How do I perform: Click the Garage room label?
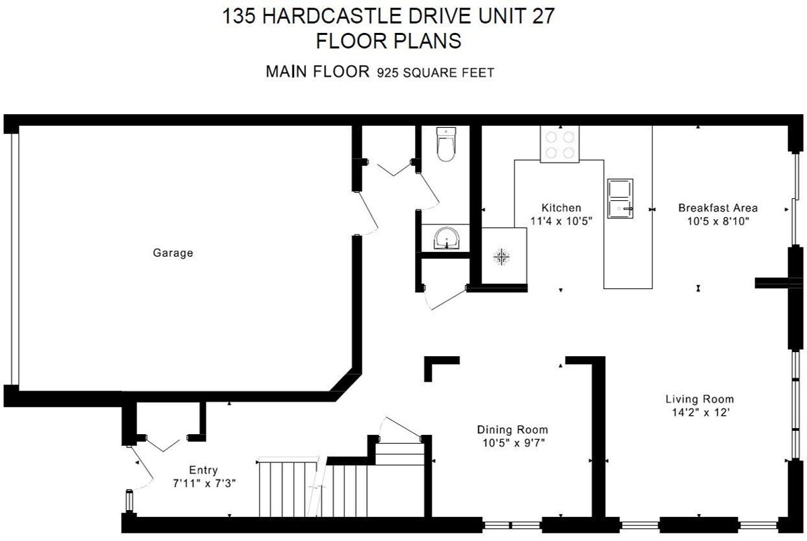[x=173, y=253]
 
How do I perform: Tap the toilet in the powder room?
[x=446, y=144]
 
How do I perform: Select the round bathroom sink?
[x=447, y=238]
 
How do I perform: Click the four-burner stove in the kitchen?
[x=560, y=144]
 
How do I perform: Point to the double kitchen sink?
[x=620, y=198]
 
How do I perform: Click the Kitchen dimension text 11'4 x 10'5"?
[x=562, y=221]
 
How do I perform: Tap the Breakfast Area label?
[x=718, y=208]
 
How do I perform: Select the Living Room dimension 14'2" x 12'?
[x=701, y=412]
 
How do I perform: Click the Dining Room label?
[x=512, y=429]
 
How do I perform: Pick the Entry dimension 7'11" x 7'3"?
[x=204, y=483]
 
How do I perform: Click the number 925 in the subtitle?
[x=387, y=73]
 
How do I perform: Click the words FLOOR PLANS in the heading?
[x=389, y=41]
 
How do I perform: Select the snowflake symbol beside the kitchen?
[x=501, y=257]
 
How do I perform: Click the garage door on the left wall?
[x=14, y=259]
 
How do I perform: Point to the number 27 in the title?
[x=543, y=17]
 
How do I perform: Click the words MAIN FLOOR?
[x=317, y=72]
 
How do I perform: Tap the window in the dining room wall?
[x=512, y=525]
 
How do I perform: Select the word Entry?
[x=204, y=470]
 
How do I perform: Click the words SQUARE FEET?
[x=449, y=73]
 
